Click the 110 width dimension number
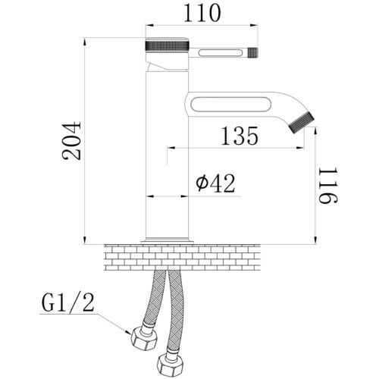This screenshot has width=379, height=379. (202, 13)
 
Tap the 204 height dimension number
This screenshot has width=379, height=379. (72, 141)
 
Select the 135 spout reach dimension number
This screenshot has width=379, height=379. (240, 136)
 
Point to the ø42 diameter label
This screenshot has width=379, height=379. (216, 183)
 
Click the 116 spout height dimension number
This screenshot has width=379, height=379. (328, 186)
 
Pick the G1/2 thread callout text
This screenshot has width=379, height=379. (67, 303)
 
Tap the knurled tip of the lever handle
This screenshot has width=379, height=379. (252, 52)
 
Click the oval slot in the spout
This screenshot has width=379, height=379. (231, 105)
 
